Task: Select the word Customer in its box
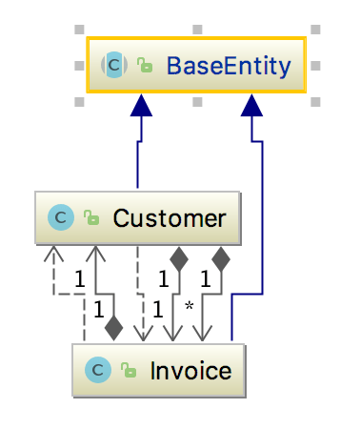(170, 218)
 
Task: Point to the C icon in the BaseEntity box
(113, 65)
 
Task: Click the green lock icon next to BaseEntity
(144, 66)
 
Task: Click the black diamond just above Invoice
(113, 329)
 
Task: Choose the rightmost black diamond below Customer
(222, 256)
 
